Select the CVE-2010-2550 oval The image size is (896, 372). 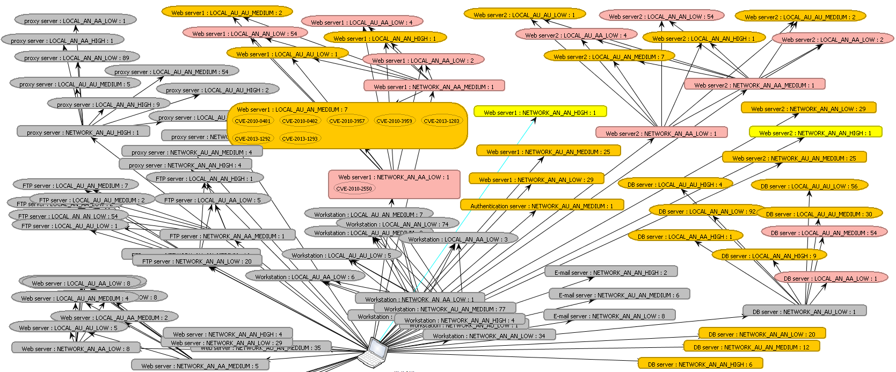(x=354, y=188)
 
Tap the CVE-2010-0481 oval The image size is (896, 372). (x=253, y=121)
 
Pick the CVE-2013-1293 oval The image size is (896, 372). (x=300, y=138)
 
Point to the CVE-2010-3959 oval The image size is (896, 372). (x=395, y=121)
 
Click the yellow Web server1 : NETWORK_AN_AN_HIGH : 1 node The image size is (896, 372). (x=540, y=112)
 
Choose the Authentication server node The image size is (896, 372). (x=541, y=206)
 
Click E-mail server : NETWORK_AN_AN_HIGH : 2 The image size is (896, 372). (x=610, y=272)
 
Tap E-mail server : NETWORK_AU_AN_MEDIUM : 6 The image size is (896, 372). (x=618, y=295)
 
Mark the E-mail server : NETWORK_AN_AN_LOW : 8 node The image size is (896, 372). (x=609, y=316)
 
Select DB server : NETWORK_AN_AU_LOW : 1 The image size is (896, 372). (x=804, y=311)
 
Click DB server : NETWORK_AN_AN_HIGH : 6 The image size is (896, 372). (x=700, y=364)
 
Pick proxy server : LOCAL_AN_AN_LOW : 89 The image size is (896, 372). (x=77, y=57)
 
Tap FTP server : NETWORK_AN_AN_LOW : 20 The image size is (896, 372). (x=196, y=261)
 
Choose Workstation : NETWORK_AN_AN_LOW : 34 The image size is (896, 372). (x=489, y=336)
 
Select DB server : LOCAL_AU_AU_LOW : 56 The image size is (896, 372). (x=808, y=186)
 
